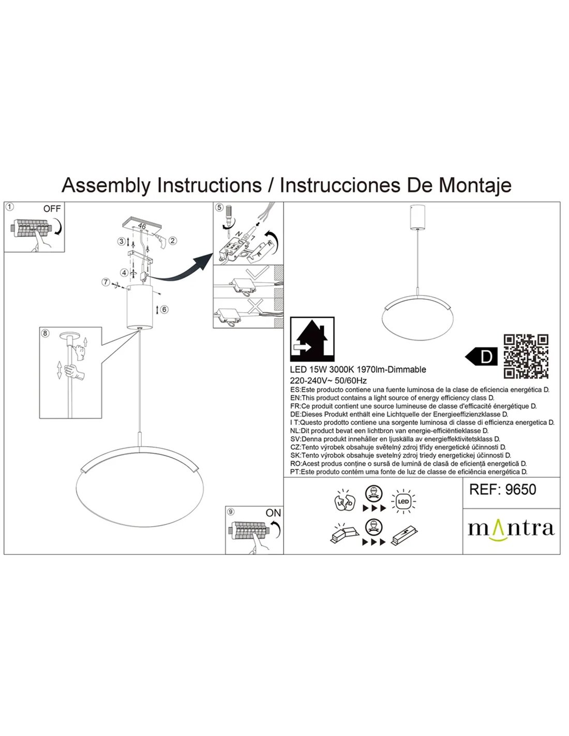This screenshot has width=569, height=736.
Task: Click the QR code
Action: tap(526, 357)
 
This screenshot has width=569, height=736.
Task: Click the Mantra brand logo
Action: tap(511, 528)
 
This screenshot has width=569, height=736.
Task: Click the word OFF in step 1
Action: tap(52, 209)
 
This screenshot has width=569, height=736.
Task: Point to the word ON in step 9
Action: tap(273, 512)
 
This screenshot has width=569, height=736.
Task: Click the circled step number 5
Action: tap(219, 208)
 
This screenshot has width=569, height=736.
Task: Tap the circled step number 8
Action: tap(46, 333)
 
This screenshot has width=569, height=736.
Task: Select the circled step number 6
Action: tap(164, 310)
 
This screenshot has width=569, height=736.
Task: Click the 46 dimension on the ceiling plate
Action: tap(142, 227)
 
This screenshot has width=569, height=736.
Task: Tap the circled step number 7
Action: tap(106, 282)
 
